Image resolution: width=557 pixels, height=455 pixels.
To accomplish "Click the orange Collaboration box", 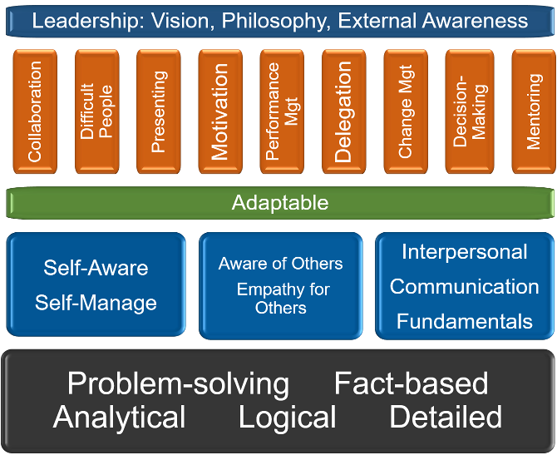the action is [35, 111].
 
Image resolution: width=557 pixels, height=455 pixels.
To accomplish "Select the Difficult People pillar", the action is [97, 111].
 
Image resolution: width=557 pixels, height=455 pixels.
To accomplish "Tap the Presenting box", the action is [159, 111].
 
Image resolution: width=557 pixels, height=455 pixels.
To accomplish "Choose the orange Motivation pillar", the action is [220, 111].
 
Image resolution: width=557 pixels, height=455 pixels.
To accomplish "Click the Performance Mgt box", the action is [282, 111].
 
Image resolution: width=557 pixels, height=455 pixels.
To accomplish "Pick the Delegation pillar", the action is [344, 111].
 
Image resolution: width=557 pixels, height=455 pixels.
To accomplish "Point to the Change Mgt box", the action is [406, 111].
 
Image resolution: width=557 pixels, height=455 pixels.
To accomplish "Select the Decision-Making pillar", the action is [470, 111].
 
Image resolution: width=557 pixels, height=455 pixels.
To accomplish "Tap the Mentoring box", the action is [534, 111].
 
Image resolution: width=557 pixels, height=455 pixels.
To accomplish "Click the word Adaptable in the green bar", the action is [280, 203].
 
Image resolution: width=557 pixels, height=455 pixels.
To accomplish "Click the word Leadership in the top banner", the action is [85, 21].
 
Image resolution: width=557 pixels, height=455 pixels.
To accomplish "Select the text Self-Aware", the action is [96, 268].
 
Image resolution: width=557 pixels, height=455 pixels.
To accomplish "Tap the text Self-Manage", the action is [96, 304].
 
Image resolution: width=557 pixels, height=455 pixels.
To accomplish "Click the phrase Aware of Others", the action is [281, 264].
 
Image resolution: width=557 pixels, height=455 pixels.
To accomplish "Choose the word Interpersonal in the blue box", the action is [465, 252].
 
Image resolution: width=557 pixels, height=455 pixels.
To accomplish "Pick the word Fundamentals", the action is [465, 322].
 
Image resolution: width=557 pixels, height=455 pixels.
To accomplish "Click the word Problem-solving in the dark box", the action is [179, 384].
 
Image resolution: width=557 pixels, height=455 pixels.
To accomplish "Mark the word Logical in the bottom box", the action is [288, 418].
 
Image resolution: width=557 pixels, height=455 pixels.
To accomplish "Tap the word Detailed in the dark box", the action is [446, 417].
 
